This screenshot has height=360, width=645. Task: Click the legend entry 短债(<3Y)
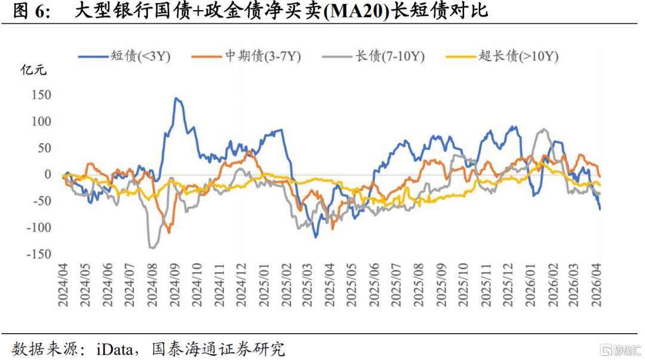(124, 56)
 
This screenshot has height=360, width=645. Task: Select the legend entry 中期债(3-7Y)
(246, 56)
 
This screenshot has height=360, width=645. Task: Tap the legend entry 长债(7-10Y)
(373, 56)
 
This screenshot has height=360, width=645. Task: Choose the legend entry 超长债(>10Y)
(502, 56)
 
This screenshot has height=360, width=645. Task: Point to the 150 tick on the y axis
(42, 95)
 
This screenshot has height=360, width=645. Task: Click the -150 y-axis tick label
(39, 254)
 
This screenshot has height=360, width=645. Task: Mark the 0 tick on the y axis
(48, 174)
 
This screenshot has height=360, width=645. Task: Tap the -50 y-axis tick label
(42, 201)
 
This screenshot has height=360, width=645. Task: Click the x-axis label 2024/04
(63, 285)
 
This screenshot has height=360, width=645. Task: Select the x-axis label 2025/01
(264, 285)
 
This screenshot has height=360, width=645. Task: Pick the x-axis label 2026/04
(597, 285)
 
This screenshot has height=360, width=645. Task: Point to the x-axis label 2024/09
(174, 285)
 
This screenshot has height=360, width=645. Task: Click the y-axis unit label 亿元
(33, 70)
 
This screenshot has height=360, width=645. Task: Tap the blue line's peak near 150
(176, 99)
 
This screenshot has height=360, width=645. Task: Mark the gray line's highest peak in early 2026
(543, 129)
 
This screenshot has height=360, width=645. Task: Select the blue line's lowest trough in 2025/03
(316, 237)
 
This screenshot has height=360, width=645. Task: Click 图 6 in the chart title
(31, 11)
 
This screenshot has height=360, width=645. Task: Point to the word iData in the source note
(115, 349)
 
